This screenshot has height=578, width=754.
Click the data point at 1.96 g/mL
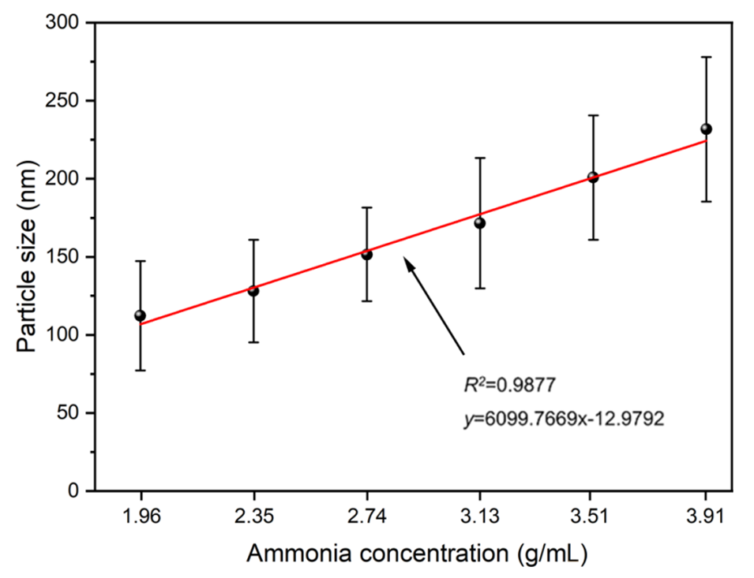point(141,315)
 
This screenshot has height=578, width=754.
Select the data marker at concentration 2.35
point(253,291)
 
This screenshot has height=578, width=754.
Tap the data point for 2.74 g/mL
point(367,255)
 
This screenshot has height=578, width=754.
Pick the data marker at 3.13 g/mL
point(480,223)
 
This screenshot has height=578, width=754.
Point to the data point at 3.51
point(593,177)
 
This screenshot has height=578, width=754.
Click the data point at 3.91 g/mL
point(706,129)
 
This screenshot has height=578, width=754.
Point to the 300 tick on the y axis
point(67,24)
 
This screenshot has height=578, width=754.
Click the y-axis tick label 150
point(67,257)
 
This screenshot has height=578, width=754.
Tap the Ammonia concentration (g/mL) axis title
point(416,554)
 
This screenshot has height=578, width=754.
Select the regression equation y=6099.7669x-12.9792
point(562,420)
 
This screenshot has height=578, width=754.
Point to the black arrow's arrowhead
point(407,261)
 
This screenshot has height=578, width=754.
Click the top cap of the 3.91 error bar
point(706,57)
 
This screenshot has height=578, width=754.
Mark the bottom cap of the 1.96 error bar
point(141,370)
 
